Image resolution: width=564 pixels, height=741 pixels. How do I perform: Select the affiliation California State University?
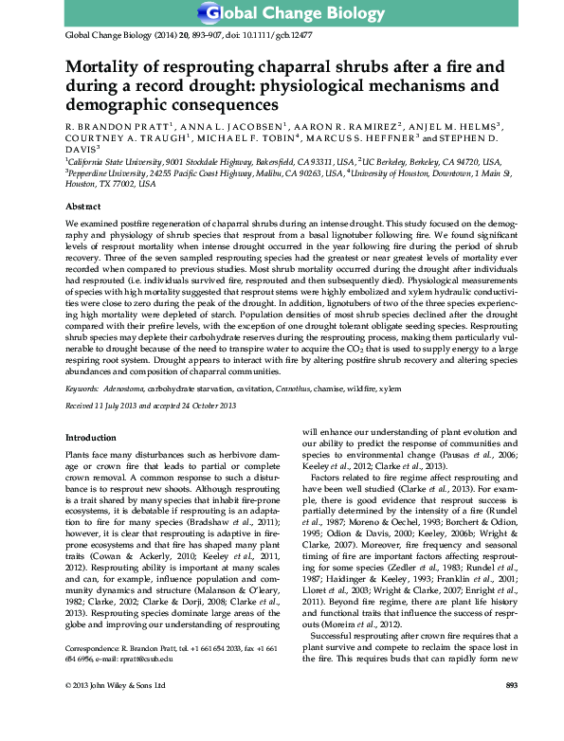(x=112, y=162)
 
